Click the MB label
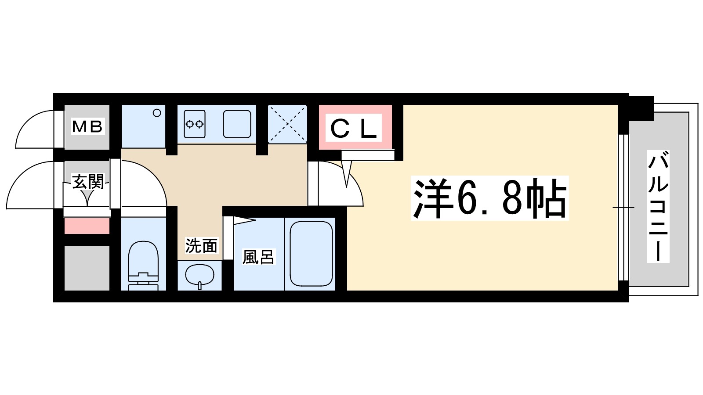(87, 126)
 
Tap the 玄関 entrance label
(87, 181)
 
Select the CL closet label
(354, 128)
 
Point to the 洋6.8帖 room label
(489, 199)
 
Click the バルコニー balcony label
(658, 206)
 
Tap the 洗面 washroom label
(201, 246)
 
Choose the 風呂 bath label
(258, 257)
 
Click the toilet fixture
(143, 263)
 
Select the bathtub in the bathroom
(311, 253)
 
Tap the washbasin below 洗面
(199, 276)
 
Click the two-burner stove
(194, 124)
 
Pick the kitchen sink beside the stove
(237, 124)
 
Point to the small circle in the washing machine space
(157, 113)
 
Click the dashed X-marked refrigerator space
(287, 124)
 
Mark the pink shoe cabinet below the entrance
(87, 226)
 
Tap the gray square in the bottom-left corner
(87, 268)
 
